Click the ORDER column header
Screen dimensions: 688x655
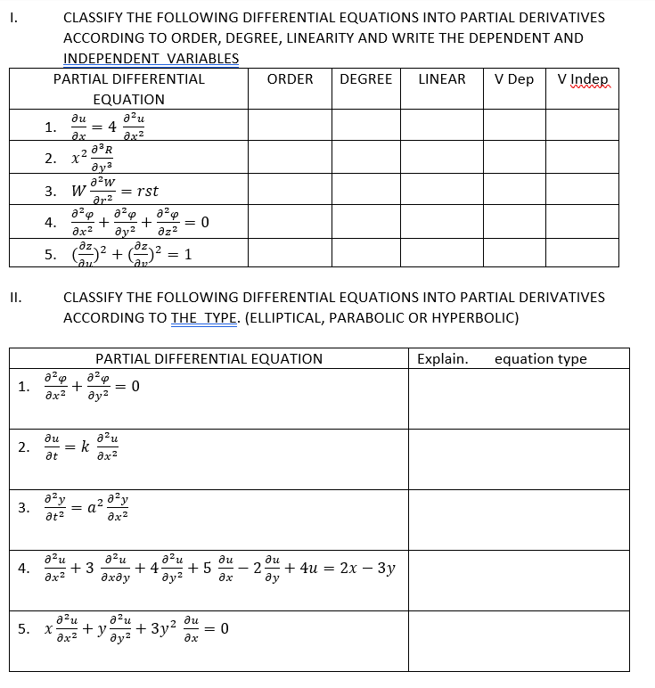point(290,79)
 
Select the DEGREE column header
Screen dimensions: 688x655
point(365,79)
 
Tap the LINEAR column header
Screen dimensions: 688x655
point(441,79)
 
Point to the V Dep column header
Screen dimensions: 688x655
point(514,79)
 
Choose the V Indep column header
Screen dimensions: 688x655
point(582,79)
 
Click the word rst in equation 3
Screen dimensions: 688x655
point(144,191)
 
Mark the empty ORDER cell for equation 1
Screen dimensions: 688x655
point(291,126)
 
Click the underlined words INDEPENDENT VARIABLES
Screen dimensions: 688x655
point(151,58)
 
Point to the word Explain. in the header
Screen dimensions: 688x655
point(443,359)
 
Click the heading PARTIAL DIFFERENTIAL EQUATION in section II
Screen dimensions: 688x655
point(209,359)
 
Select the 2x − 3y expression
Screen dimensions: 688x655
point(366,568)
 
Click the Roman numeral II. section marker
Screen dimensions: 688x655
point(15,297)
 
